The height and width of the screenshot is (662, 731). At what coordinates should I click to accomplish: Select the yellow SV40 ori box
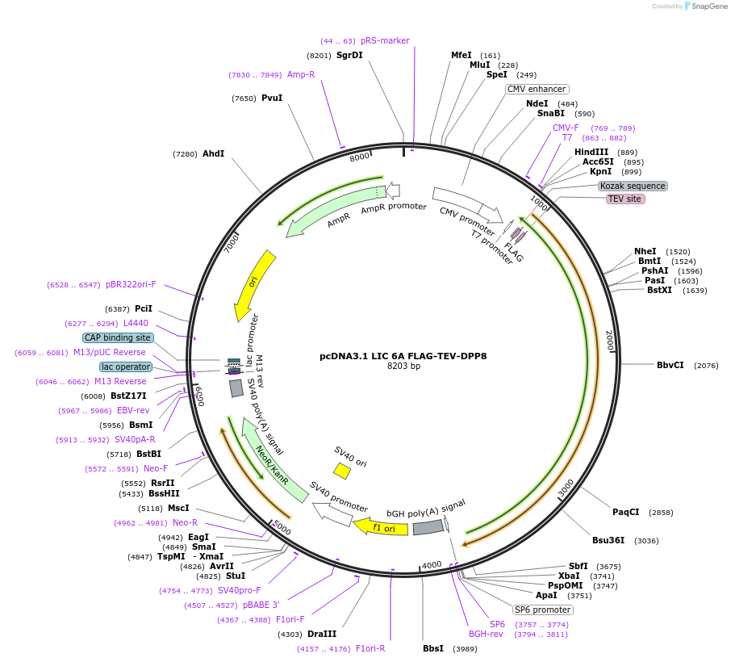(342, 471)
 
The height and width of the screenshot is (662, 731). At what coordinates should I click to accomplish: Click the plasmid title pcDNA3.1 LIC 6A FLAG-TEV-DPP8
(403, 355)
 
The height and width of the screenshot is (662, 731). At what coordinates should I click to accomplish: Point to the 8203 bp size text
(403, 366)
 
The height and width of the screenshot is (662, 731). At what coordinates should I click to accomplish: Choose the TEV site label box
(625, 199)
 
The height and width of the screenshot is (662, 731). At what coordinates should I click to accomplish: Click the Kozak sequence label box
(633, 186)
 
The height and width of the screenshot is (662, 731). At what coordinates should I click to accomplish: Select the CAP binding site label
(117, 337)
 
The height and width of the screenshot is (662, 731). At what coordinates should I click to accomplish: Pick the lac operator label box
(126, 367)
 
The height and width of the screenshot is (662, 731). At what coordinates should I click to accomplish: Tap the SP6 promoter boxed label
(543, 610)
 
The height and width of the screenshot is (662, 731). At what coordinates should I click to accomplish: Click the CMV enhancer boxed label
(537, 89)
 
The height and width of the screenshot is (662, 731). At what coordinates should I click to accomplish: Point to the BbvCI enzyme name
(670, 365)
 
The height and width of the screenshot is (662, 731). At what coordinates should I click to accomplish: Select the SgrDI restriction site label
(349, 55)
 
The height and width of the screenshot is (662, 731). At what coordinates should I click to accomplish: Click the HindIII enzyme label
(591, 152)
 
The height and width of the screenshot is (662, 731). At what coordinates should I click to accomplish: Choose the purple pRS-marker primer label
(385, 40)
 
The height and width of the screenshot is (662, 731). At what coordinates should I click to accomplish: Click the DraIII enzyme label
(322, 634)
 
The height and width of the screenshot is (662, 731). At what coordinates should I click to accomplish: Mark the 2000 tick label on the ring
(610, 340)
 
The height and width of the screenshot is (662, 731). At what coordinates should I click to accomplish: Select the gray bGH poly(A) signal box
(428, 527)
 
